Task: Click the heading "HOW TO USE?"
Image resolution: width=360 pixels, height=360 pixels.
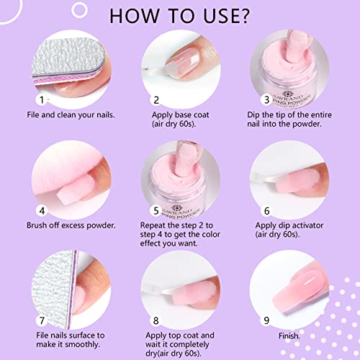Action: [179, 16]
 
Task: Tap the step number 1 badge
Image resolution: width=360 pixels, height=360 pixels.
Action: [42, 100]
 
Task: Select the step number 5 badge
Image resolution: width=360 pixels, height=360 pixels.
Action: [156, 211]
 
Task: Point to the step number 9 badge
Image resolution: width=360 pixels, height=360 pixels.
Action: [266, 320]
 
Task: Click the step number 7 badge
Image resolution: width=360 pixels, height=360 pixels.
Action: [42, 320]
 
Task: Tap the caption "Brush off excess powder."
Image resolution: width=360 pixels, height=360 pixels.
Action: [71, 225]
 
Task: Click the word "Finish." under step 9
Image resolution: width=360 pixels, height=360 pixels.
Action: [289, 336]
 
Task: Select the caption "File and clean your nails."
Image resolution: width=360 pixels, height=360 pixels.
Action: [71, 114]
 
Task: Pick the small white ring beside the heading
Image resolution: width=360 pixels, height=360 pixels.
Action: [79, 10]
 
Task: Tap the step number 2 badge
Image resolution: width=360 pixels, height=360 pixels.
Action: [156, 100]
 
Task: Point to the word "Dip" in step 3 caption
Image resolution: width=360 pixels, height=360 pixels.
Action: [253, 115]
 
